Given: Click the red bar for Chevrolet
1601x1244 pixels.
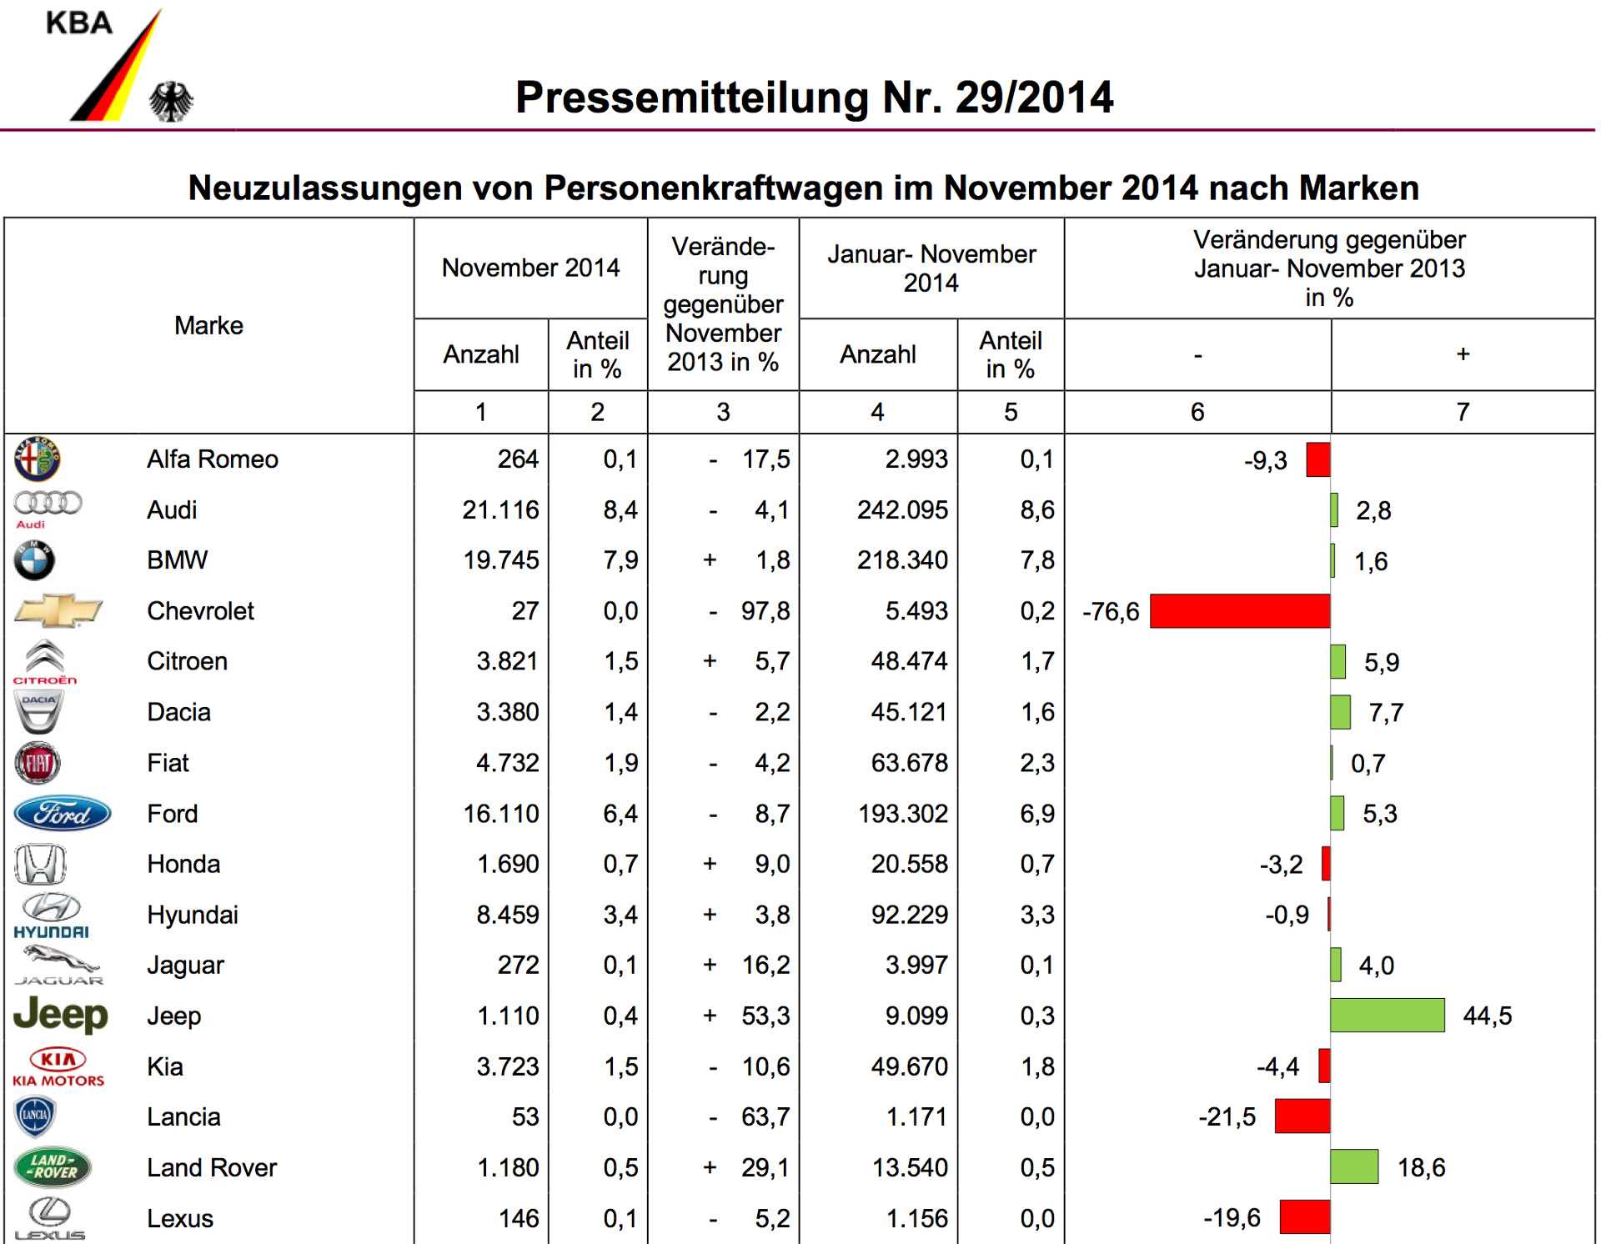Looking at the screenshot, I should click(x=1240, y=611).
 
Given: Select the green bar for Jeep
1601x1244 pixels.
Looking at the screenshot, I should click(x=1387, y=1016).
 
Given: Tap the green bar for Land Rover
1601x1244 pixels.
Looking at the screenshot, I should click(x=1354, y=1166).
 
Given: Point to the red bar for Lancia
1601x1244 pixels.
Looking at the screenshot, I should click(x=1302, y=1116).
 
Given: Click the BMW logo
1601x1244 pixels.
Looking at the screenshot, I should click(x=34, y=560).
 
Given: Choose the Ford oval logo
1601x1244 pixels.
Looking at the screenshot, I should click(x=63, y=814).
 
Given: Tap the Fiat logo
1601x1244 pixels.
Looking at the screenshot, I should click(x=38, y=763).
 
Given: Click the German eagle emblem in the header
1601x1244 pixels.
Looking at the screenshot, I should click(x=171, y=102).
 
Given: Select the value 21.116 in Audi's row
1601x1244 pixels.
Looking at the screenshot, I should click(x=500, y=510).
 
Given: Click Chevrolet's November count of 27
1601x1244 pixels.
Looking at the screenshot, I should click(x=524, y=611).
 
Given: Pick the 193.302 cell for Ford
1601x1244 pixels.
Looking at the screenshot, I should click(x=903, y=814).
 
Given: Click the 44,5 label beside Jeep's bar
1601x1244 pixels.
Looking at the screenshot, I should click(x=1487, y=1016).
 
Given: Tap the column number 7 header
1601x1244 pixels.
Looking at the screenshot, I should click(x=1463, y=412).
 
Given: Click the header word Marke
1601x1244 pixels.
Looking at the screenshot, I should click(x=208, y=326).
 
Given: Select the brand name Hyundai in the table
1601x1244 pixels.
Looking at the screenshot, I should click(x=193, y=915).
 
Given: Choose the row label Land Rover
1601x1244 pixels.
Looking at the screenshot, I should click(x=212, y=1167).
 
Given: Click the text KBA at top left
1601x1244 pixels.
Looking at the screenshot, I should click(x=79, y=23).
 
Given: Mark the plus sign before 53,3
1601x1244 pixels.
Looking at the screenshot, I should click(x=710, y=1016).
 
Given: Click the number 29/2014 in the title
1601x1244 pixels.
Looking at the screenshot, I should click(x=1034, y=98).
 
